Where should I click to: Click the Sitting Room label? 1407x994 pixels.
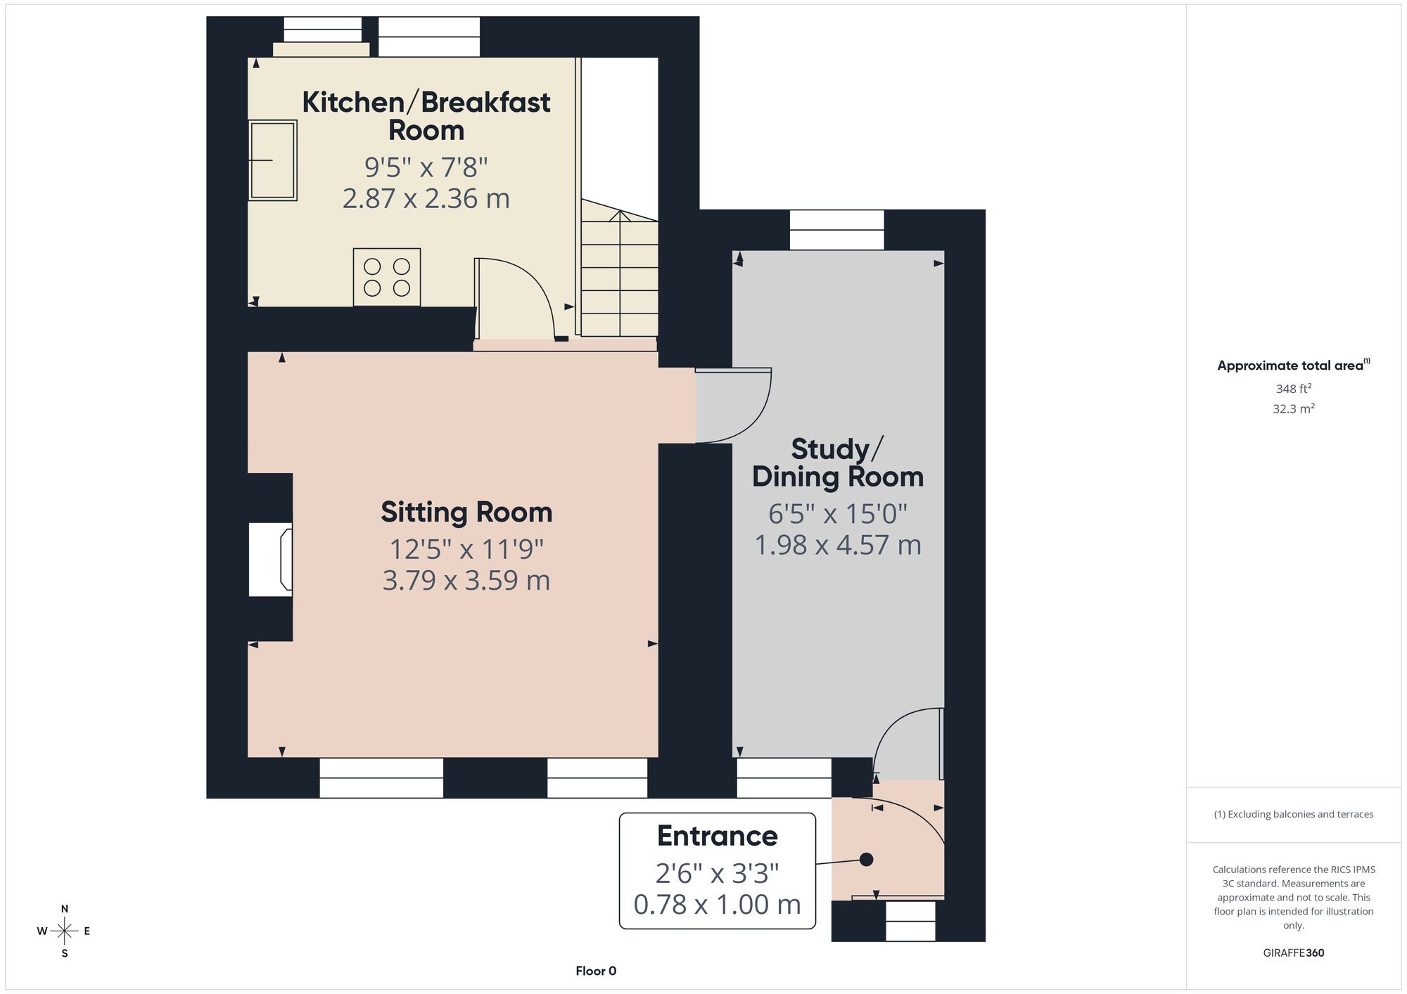pos(466,512)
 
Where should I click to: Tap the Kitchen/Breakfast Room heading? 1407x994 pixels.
pos(426,116)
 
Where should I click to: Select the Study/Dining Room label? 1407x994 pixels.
pos(837,463)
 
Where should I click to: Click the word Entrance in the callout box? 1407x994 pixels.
pos(717,836)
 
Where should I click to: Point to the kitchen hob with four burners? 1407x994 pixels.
pos(387,277)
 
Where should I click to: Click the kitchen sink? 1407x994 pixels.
pos(273,160)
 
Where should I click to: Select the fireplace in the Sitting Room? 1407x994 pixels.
pos(271,560)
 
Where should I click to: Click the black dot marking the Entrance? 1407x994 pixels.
pos(867,859)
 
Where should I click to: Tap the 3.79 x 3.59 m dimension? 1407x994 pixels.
pos(466,581)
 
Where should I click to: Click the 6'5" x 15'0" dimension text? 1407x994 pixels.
pos(837,515)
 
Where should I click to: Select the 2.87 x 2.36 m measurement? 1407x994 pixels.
pos(426,199)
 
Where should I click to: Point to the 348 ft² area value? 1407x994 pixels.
pos(1293,388)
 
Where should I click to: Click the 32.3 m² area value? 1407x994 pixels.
pos(1293,408)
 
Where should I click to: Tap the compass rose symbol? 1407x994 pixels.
pos(65,931)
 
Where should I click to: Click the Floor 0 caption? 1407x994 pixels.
pos(596,971)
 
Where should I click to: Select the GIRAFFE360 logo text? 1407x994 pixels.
pos(1293,953)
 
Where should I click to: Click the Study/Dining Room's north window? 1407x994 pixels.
pos(836,230)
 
